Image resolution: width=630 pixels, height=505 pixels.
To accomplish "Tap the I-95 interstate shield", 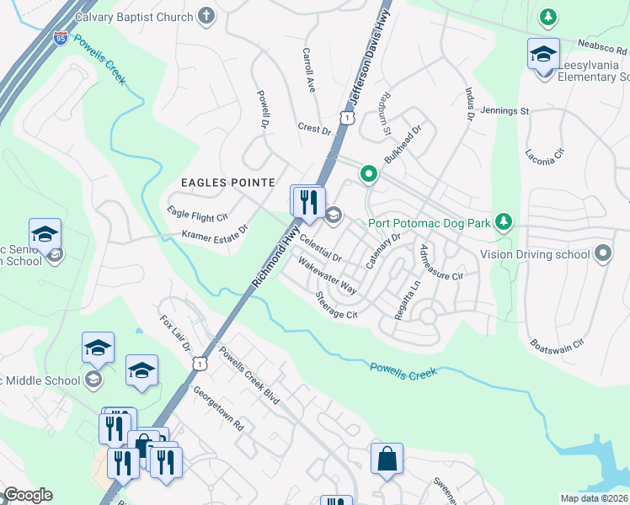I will pos(60,38).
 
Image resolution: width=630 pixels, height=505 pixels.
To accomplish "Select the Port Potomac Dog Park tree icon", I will pos(504,222).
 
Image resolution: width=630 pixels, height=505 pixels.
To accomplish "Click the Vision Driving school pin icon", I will pos(603,253).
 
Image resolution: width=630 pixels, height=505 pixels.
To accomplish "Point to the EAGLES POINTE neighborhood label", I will pos(227,182).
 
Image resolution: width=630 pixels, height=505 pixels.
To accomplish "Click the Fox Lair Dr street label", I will pos(175,334).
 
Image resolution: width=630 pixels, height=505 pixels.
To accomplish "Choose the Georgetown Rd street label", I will pos(217,409).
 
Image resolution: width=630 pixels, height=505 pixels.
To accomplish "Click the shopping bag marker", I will pos(387,460).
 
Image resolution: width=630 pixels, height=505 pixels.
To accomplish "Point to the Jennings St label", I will pos(504,110).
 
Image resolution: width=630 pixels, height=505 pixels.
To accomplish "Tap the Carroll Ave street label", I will pos(308,69).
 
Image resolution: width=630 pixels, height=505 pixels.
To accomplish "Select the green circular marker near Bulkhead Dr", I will pos(368,174).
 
